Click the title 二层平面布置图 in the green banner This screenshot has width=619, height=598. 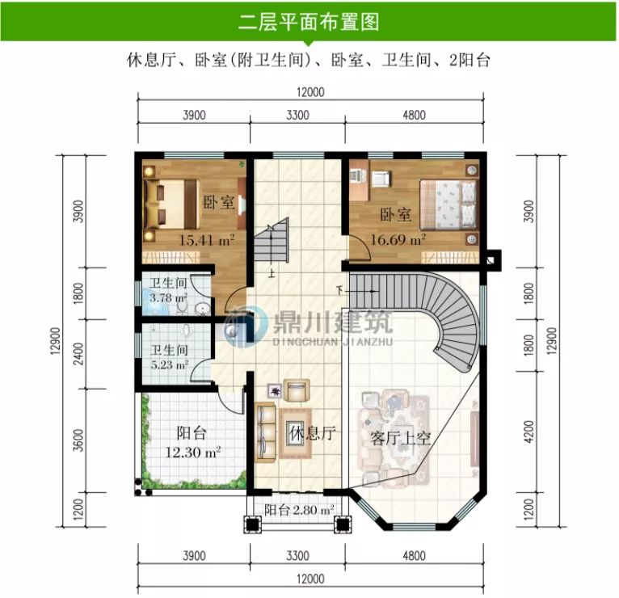[x=309, y=21]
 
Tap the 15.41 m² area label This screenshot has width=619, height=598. [x=207, y=239]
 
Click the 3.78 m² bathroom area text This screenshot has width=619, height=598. [x=168, y=297]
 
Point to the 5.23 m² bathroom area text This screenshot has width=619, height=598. [x=168, y=364]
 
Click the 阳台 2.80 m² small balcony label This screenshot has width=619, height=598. [x=300, y=511]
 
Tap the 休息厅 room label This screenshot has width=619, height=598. [x=312, y=433]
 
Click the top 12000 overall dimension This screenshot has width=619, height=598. [x=310, y=92]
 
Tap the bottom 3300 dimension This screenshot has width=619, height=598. [x=297, y=556]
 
